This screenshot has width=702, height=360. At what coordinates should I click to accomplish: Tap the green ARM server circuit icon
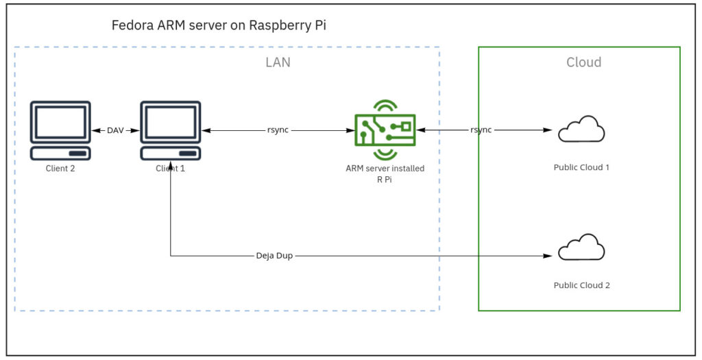[385, 128]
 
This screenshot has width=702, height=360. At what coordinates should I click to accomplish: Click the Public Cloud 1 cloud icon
[581, 129]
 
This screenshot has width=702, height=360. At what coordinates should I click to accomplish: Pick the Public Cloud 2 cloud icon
[581, 248]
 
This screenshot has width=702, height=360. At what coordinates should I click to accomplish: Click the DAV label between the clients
[116, 130]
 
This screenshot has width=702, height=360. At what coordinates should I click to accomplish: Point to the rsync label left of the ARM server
[278, 130]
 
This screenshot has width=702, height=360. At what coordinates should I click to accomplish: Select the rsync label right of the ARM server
[481, 130]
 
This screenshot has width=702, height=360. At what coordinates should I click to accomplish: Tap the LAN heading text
[278, 62]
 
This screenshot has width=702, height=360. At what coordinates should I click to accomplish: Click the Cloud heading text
[583, 62]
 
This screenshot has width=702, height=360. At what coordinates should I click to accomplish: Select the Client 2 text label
[60, 168]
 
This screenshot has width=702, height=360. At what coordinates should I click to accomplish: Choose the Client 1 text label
[170, 168]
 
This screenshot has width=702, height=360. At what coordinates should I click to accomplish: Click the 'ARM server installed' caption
[385, 168]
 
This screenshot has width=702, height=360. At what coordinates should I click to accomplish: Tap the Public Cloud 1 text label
[581, 167]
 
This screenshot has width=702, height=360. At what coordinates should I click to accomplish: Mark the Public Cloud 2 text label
[581, 285]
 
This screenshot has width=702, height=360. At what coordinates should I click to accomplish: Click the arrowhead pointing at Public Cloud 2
[548, 257]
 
